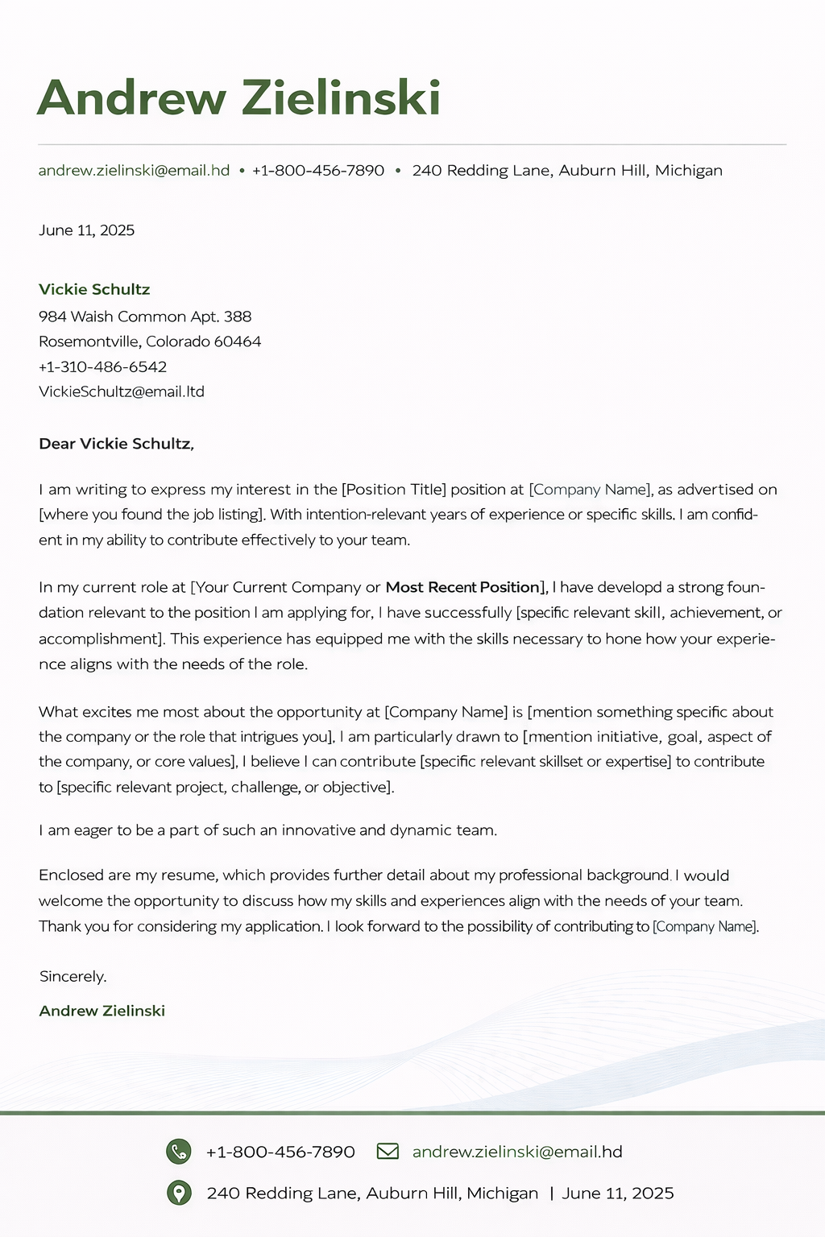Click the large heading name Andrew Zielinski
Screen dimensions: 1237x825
[x=238, y=98]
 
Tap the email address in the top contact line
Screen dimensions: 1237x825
[x=134, y=171]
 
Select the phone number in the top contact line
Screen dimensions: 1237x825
[x=317, y=171]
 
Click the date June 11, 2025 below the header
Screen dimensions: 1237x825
[x=86, y=230]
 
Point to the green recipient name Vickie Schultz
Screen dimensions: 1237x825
[x=94, y=289]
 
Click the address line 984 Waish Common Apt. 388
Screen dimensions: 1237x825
[x=145, y=316]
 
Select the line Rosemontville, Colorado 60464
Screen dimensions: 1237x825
[x=150, y=341]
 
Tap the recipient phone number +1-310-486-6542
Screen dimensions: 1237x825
[x=102, y=366]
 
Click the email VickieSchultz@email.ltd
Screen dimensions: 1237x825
[x=122, y=391]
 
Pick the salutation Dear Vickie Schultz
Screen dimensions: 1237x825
[x=116, y=444]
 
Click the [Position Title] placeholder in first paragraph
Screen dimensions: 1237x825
[x=393, y=490]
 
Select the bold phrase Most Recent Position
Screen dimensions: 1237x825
[x=462, y=587]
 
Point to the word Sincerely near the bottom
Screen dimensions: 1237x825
[x=73, y=976]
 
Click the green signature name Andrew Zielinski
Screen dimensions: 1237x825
[x=102, y=1011]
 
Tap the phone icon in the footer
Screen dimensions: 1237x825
[x=178, y=1152]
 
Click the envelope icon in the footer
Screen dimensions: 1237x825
[x=388, y=1151]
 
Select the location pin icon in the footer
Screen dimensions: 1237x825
[x=178, y=1193]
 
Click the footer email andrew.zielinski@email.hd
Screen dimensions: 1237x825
[x=516, y=1152]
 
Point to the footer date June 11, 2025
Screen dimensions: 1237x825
[x=617, y=1193]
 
